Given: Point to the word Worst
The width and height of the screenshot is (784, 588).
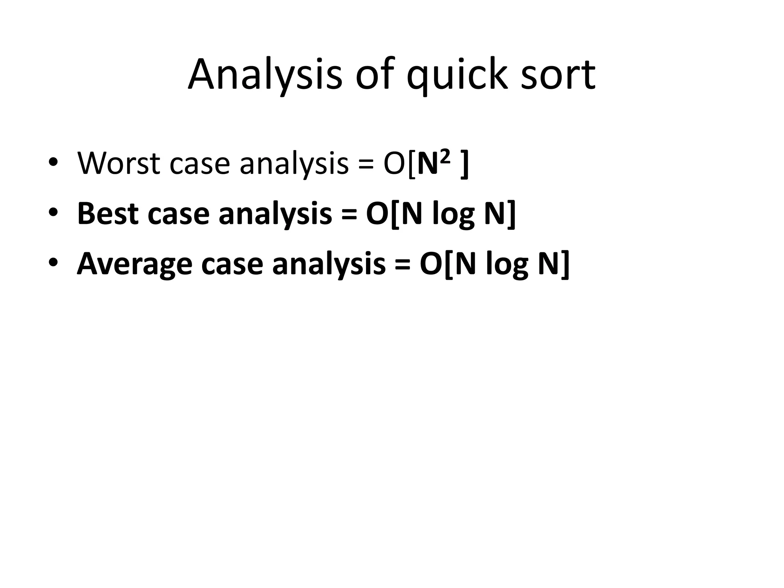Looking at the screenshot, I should (118, 163).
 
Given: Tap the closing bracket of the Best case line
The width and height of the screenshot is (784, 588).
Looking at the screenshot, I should (511, 214).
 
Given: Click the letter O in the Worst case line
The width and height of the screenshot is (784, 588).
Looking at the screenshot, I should (394, 164).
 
